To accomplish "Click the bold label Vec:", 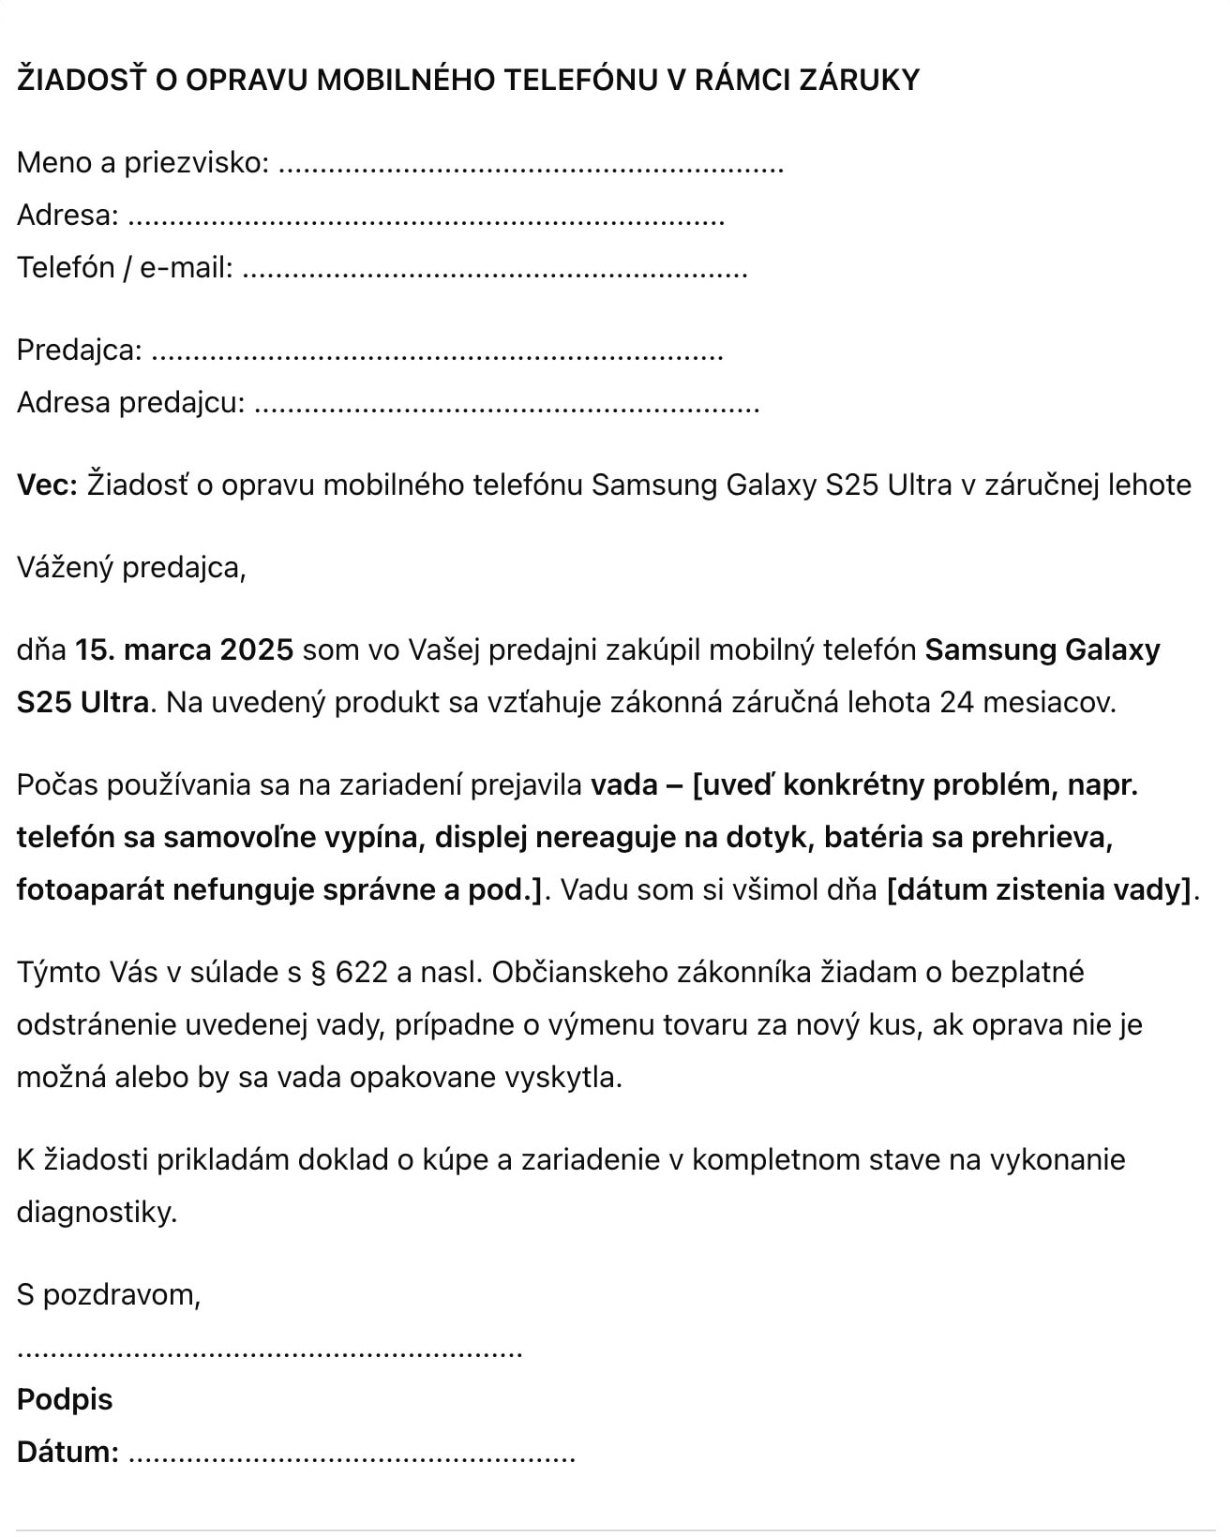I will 47,485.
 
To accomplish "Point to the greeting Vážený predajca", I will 131,568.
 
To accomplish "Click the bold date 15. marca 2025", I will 184,650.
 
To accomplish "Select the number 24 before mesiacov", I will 956,703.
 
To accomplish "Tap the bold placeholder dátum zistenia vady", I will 1039,889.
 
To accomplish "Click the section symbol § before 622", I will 317,973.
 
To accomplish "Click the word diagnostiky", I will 97,1213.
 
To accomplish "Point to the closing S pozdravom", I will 109,1295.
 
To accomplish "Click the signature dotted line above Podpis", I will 270,1352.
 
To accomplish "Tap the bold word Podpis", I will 65,1400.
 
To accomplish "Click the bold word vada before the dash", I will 623,784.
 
